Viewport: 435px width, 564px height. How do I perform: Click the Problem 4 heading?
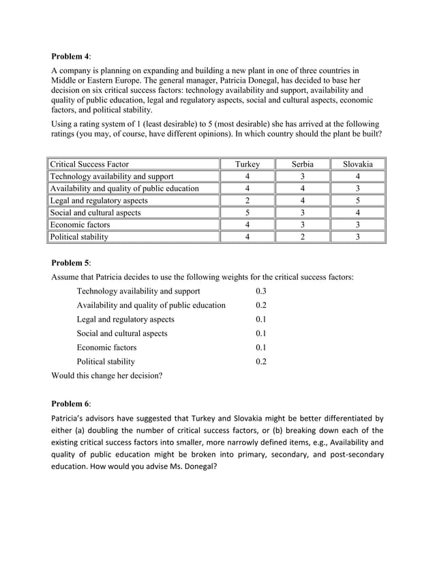[71, 56]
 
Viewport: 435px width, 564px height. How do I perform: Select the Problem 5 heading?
[71, 262]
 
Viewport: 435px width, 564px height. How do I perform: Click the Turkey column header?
[247, 165]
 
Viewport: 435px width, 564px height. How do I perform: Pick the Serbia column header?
[303, 165]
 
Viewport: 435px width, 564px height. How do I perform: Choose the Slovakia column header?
[358, 165]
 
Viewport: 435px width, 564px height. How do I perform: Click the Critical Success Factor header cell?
[89, 165]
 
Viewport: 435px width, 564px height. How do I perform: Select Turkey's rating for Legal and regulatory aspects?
[247, 201]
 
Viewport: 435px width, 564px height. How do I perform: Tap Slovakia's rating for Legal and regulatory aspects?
[358, 201]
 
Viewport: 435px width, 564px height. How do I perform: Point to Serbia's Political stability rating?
[303, 237]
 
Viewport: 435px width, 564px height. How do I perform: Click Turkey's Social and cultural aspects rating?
[247, 213]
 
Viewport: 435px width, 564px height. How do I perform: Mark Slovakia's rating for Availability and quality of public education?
[358, 188]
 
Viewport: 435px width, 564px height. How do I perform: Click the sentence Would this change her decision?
[107, 376]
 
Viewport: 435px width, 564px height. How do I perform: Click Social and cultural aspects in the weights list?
[122, 333]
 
